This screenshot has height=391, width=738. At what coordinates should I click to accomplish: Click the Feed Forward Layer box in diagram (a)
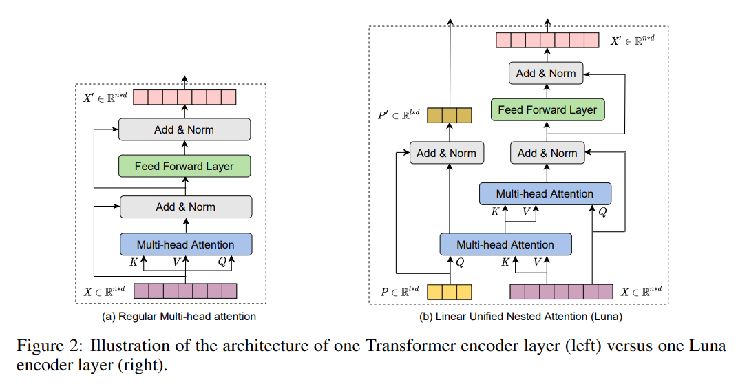click(x=184, y=166)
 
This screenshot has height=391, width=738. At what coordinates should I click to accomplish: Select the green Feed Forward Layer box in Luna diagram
click(x=547, y=109)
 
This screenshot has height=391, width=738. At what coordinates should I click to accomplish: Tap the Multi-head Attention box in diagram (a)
click(x=185, y=244)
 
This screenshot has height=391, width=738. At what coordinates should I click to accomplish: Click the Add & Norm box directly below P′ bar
click(x=446, y=153)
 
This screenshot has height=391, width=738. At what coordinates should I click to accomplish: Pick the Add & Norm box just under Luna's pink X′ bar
click(x=546, y=73)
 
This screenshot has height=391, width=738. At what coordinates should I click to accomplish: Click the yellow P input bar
click(x=450, y=292)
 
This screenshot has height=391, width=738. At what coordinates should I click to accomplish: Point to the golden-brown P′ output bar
click(x=449, y=115)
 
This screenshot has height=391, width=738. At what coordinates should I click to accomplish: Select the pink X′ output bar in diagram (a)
click(x=184, y=97)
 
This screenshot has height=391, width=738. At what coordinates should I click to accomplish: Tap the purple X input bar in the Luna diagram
click(x=560, y=292)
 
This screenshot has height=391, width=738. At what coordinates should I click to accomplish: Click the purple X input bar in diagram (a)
click(x=184, y=290)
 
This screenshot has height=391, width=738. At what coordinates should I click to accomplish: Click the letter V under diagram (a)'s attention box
click(x=177, y=262)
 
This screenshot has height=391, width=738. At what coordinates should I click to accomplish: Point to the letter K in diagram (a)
click(x=134, y=262)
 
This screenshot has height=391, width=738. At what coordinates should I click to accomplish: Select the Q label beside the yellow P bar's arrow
click(x=460, y=262)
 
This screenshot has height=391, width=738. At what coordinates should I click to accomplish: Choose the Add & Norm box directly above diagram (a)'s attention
click(x=186, y=207)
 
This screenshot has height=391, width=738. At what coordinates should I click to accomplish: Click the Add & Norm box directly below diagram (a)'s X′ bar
click(x=184, y=129)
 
